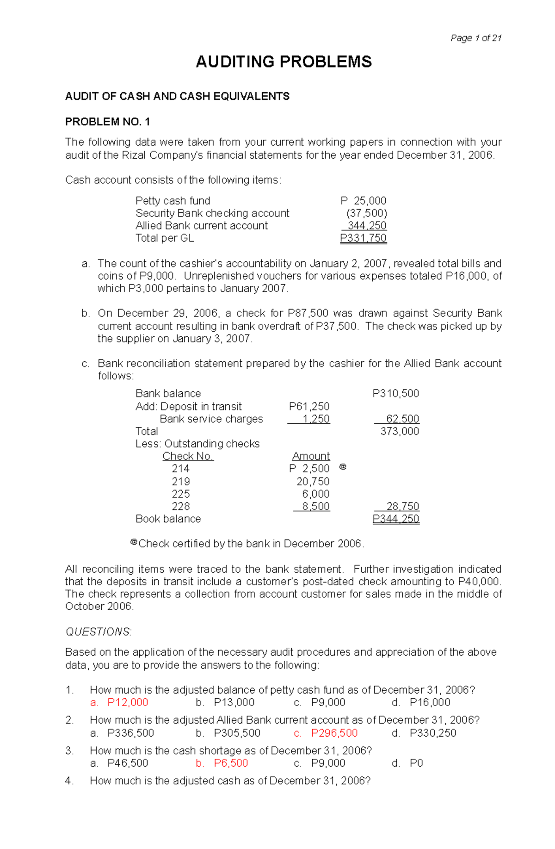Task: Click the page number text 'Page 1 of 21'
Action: point(476,38)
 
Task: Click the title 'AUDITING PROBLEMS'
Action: point(284,62)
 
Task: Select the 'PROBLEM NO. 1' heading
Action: point(107,122)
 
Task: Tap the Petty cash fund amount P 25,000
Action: point(364,201)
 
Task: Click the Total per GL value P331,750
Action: point(363,238)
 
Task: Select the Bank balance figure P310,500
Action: point(396,394)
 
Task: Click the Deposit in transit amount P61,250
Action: point(309,407)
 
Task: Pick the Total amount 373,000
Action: point(400,432)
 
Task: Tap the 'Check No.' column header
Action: point(188,457)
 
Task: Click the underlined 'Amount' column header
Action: point(311,457)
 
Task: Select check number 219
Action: point(180,482)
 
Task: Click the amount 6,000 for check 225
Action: point(316,494)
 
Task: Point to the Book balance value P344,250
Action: point(396,519)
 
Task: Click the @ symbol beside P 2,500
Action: point(343,467)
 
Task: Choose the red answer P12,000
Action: point(128,702)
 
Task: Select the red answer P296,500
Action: point(334,733)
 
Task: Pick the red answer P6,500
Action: point(231,763)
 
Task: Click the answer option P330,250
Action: point(433,733)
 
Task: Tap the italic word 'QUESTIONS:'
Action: point(99,632)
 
